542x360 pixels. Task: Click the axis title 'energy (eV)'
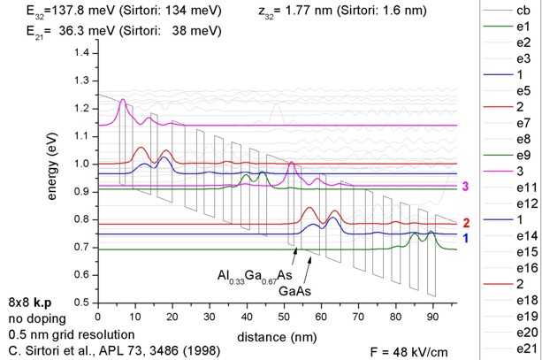coord(54,177)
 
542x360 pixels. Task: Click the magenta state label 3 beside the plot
coord(466,187)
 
